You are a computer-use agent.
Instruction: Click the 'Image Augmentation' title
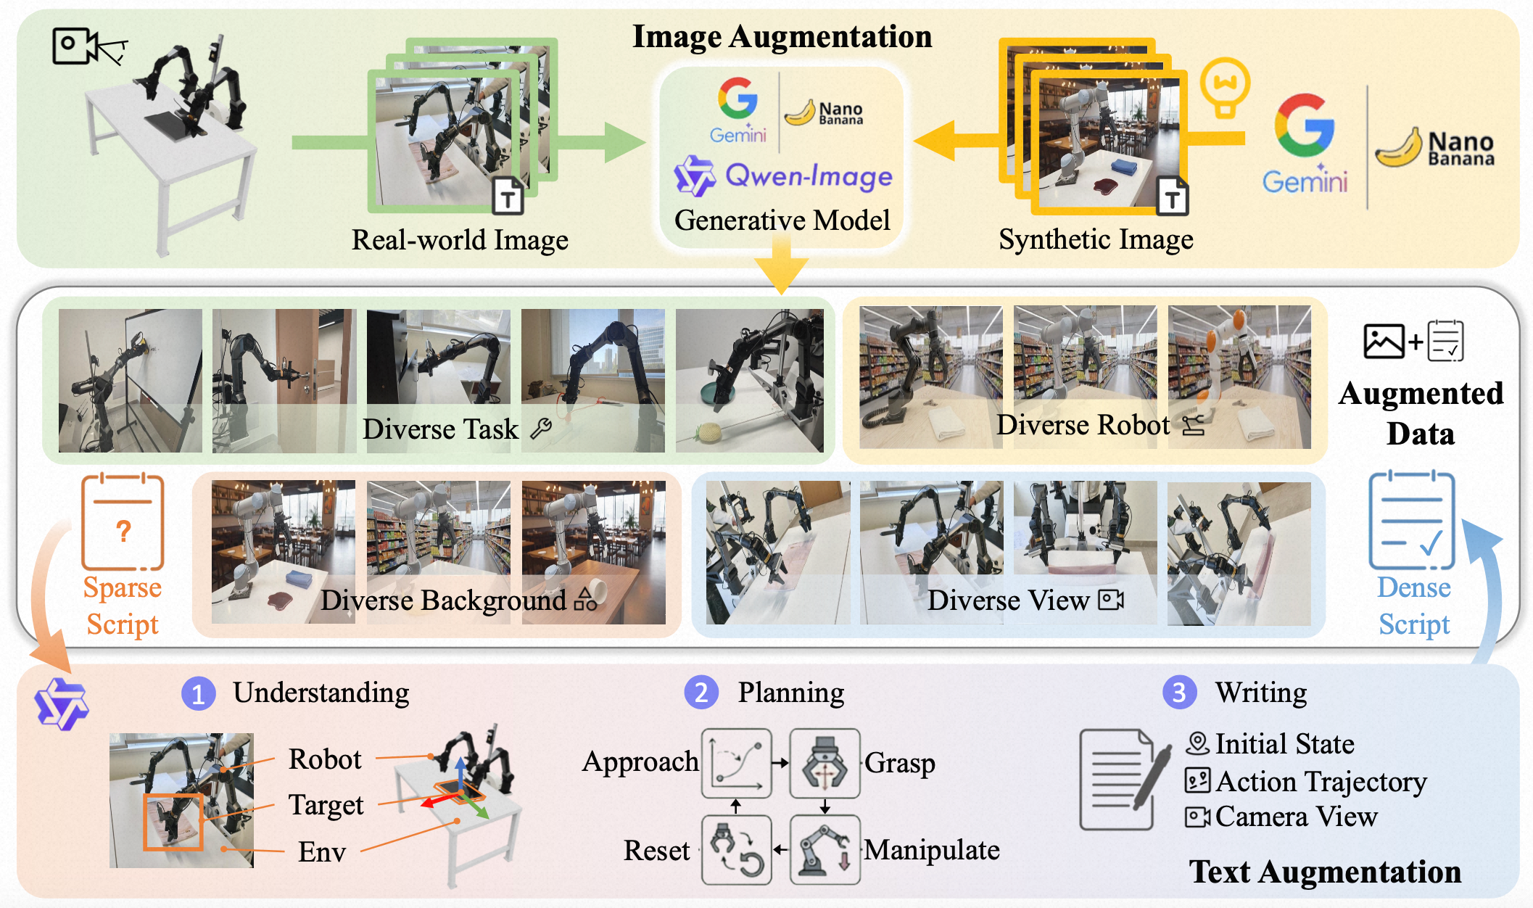tap(782, 37)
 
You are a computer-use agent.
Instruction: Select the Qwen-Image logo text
tap(809, 176)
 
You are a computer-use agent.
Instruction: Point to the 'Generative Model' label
tap(782, 220)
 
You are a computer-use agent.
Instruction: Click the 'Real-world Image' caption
tap(460, 240)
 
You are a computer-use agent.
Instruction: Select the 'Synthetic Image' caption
tap(1096, 239)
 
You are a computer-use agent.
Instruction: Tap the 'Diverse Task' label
tap(440, 429)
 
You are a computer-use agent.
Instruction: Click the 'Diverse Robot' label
tap(1083, 425)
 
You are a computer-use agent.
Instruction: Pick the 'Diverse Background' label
tap(443, 600)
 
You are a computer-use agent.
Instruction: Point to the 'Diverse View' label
tap(1008, 600)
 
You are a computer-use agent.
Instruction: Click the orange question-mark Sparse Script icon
tap(123, 521)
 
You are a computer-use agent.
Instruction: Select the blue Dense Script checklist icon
tap(1411, 520)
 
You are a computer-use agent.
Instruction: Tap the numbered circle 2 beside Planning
tap(701, 693)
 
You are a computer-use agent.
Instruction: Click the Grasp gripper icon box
tap(825, 763)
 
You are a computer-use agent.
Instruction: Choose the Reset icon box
tap(736, 849)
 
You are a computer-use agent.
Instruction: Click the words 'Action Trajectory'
tap(1321, 781)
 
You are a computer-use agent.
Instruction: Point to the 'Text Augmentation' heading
tap(1325, 872)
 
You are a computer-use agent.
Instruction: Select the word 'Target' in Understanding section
tap(326, 805)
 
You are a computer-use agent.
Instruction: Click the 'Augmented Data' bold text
tap(1421, 413)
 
